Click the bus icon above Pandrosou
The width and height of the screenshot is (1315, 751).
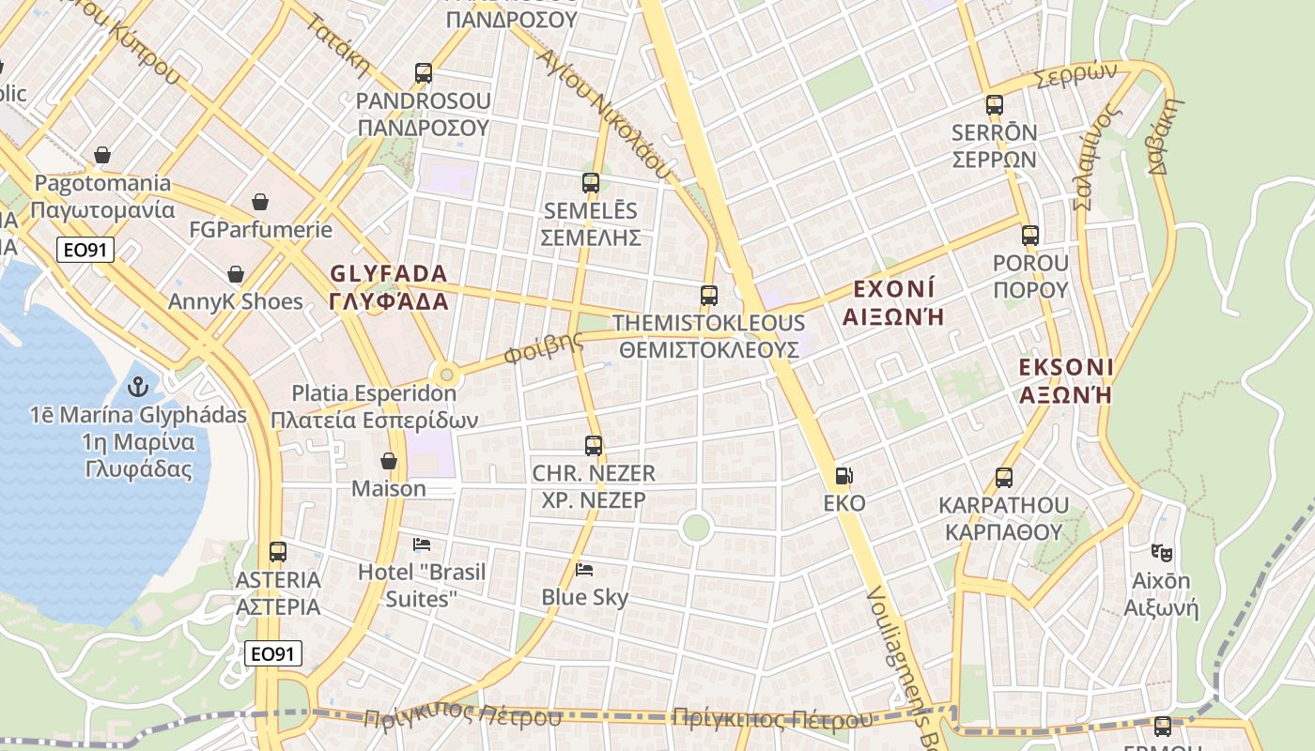click(424, 73)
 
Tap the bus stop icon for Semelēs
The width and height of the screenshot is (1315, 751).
click(590, 183)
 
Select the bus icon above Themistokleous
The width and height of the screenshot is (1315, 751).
click(709, 296)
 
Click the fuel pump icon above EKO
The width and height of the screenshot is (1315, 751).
click(844, 476)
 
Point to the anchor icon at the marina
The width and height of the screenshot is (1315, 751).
click(138, 387)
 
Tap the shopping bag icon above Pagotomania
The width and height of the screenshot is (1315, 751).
click(102, 155)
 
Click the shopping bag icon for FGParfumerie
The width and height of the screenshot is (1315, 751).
click(260, 202)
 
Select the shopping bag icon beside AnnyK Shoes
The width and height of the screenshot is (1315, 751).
click(236, 274)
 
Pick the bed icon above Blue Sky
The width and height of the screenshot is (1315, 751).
click(584, 569)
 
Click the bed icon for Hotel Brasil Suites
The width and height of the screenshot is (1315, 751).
click(422, 544)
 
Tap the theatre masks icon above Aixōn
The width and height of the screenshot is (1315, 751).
click(1162, 553)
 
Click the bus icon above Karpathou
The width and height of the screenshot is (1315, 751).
click(1004, 478)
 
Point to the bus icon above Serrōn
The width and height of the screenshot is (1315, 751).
click(995, 105)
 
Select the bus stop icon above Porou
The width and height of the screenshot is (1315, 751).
click(1030, 236)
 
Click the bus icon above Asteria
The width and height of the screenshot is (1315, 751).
click(278, 552)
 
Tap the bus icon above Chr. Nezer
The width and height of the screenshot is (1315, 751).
click(594, 446)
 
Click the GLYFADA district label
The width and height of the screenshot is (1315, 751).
click(389, 287)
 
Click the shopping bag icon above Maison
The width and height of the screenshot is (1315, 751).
click(389, 461)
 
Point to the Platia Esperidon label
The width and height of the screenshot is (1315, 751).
click(374, 406)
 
